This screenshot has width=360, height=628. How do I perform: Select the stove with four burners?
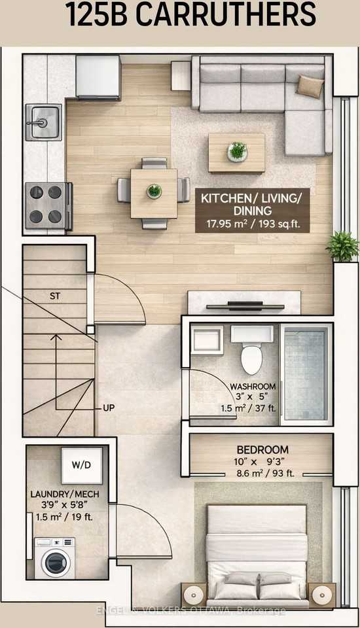tap(46, 205)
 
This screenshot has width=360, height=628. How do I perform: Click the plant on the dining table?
tap(154, 191)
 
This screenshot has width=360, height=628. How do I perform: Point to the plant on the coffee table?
tap(237, 151)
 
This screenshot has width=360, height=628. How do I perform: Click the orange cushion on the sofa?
tap(310, 86)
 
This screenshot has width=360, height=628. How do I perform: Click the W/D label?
tap(82, 465)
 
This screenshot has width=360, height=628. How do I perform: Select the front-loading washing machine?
tap(55, 557)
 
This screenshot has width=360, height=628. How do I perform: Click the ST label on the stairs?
tap(56, 296)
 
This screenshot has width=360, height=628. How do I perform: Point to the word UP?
tap(109, 408)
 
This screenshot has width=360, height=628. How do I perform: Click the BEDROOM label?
tap(262, 450)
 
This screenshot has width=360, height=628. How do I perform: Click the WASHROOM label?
tap(251, 386)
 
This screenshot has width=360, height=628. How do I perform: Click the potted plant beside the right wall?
tap(342, 245)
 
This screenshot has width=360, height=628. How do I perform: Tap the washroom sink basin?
tap(207, 341)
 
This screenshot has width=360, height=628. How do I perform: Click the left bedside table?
tap(195, 595)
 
